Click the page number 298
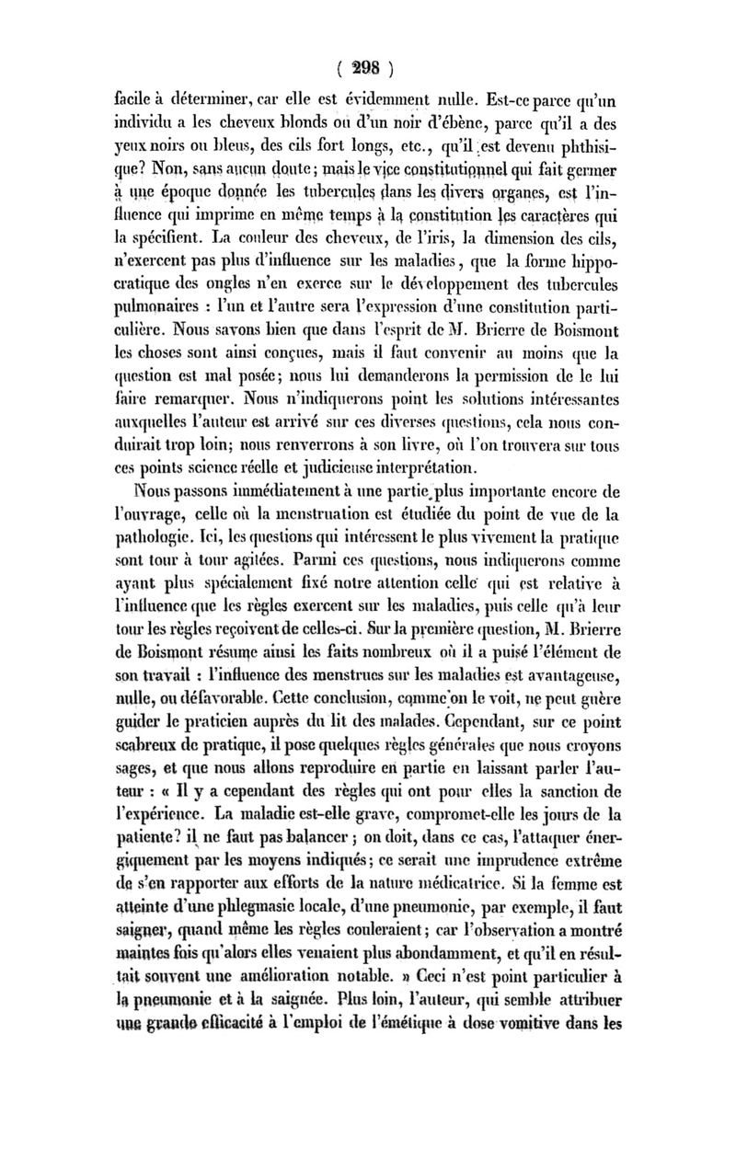click(366, 67)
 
